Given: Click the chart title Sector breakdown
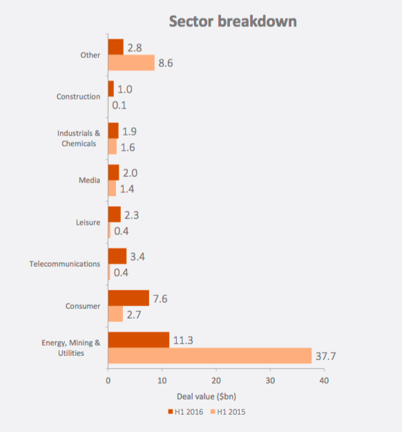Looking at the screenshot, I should [x=233, y=21].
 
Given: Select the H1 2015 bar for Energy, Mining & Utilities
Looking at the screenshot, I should [x=209, y=355].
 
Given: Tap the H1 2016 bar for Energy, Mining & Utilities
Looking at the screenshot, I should [x=138, y=339].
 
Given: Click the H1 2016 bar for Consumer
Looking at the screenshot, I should [x=128, y=298].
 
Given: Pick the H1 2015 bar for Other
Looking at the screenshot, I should [x=131, y=63].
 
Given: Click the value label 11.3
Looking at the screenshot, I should [x=183, y=339].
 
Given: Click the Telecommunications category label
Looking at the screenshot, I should [x=65, y=264].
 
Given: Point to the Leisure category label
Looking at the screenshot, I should [x=88, y=223].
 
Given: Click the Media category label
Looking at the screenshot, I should [x=90, y=180].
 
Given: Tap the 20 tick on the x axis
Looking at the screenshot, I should [x=216, y=380].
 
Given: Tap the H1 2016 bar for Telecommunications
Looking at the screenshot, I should [x=117, y=256].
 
